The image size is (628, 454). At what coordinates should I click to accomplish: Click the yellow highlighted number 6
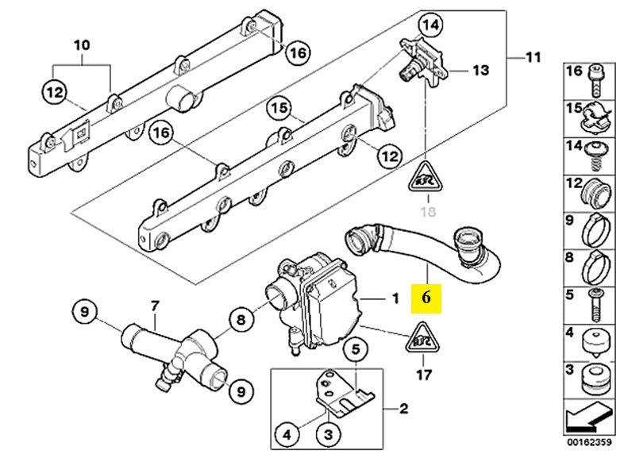(x=426, y=298)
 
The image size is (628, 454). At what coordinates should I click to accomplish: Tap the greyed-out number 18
(x=428, y=211)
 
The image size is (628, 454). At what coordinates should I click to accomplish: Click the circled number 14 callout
(x=431, y=25)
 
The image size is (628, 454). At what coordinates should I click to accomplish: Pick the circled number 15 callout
(x=279, y=108)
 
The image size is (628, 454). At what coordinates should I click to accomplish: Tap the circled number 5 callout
(x=356, y=350)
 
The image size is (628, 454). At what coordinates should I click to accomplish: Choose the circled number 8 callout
(x=241, y=321)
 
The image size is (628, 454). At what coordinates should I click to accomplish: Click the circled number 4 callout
(x=287, y=434)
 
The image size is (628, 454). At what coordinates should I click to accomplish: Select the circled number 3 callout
(x=329, y=434)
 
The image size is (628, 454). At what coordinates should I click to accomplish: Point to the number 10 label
(x=82, y=44)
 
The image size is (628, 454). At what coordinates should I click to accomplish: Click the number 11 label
(x=533, y=58)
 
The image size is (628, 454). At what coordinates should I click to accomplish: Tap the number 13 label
(x=480, y=71)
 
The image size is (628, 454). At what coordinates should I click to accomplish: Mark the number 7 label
(x=155, y=306)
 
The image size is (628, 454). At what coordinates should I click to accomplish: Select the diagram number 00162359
(x=589, y=442)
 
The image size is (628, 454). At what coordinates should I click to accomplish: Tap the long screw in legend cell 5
(x=596, y=305)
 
